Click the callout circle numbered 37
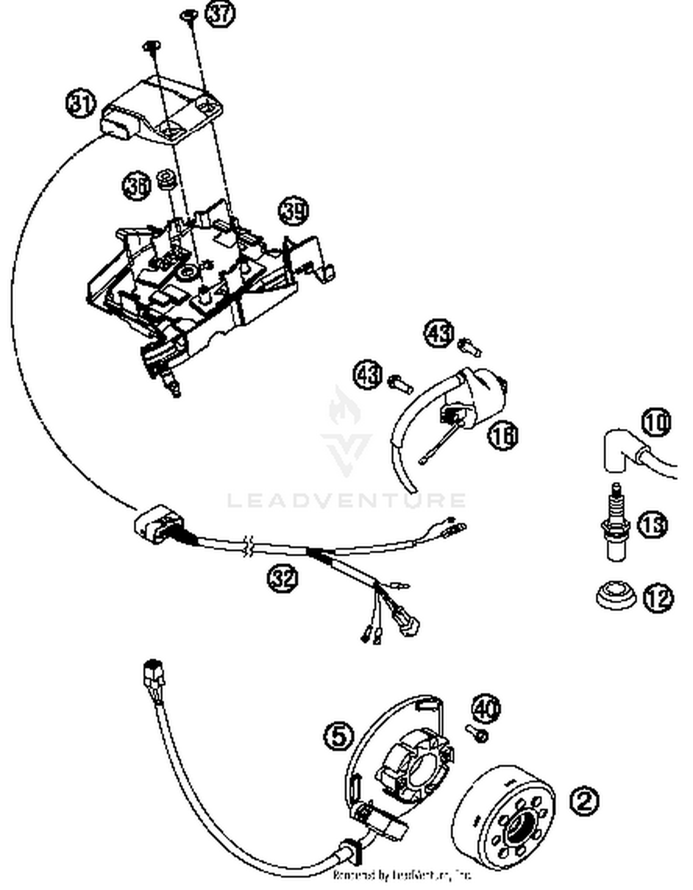tap(220, 13)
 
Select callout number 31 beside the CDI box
tap(81, 104)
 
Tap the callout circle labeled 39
tap(293, 211)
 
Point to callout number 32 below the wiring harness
tap(282, 578)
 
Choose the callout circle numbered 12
tap(658, 598)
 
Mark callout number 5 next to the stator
tap(339, 736)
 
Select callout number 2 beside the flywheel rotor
tap(584, 801)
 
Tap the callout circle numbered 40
tap(486, 708)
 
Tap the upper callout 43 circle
tap(439, 333)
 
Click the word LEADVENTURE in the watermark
tap(346, 500)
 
